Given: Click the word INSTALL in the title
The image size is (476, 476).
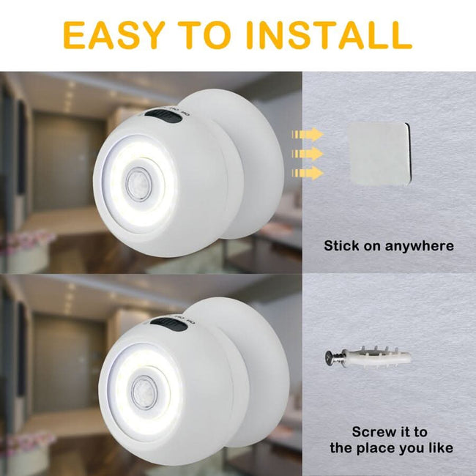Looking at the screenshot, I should [329, 34].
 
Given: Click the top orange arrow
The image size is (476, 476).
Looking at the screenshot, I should [308, 135].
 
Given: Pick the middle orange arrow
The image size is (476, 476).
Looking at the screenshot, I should [308, 154].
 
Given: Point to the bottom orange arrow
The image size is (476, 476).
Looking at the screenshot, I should [308, 173].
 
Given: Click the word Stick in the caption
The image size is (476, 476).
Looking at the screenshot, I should [343, 246].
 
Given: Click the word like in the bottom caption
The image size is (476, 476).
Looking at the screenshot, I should [439, 447].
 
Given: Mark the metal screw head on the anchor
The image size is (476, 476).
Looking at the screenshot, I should [331, 358].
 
